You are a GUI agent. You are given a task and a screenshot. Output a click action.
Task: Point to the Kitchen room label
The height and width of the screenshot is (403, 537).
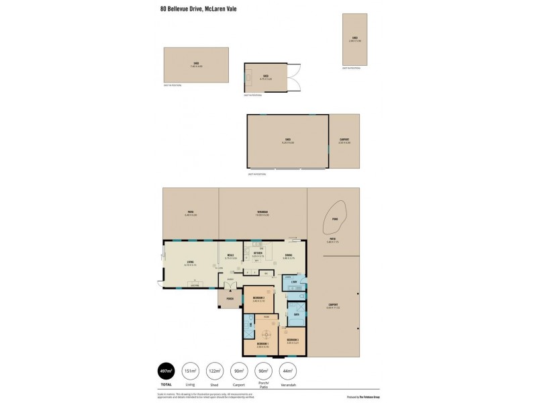pyautogui.click(x=258, y=254)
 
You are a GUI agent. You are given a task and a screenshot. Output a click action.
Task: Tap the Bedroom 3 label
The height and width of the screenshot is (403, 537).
pyautogui.click(x=293, y=341)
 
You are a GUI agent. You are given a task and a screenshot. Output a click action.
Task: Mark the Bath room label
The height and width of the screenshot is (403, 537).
pyautogui.click(x=296, y=313)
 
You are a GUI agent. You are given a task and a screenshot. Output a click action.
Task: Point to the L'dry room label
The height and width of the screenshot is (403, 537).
pyautogui.click(x=294, y=282)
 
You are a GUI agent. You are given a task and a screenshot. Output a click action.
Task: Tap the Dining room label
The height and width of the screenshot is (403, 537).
pyautogui.click(x=289, y=256)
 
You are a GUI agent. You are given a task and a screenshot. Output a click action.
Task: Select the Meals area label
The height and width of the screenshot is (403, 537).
pyautogui.click(x=230, y=256)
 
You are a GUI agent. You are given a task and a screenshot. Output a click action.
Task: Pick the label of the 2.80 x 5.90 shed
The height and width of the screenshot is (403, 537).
pyautogui.click(x=354, y=39)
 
